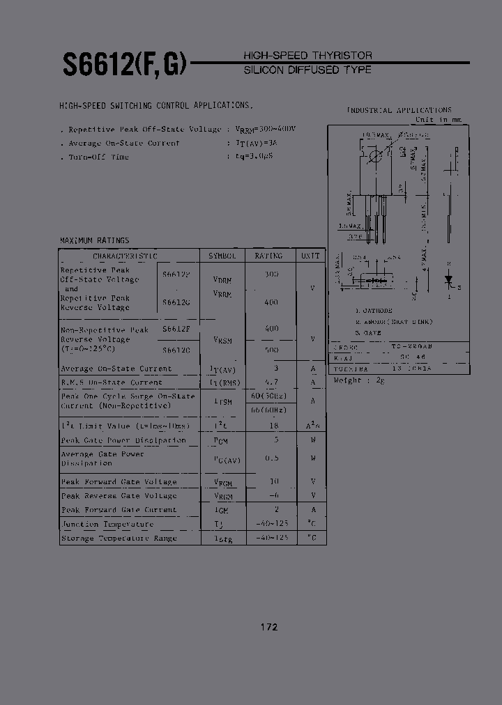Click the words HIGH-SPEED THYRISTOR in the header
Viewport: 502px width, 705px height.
(307, 55)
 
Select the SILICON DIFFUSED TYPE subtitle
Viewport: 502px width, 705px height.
(307, 70)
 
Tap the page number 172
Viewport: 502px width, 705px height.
(269, 627)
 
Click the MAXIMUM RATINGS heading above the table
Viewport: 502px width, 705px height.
(94, 240)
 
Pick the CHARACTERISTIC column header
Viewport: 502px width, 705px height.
(125, 256)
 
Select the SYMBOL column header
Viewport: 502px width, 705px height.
(222, 256)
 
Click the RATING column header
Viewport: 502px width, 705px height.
(268, 256)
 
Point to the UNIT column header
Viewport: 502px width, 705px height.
(310, 256)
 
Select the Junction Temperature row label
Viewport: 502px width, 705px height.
(107, 525)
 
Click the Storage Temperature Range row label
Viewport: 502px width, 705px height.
(119, 539)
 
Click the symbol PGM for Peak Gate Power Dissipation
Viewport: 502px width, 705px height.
(222, 440)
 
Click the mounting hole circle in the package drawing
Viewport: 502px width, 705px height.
(375, 155)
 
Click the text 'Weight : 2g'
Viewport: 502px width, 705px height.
(359, 380)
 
